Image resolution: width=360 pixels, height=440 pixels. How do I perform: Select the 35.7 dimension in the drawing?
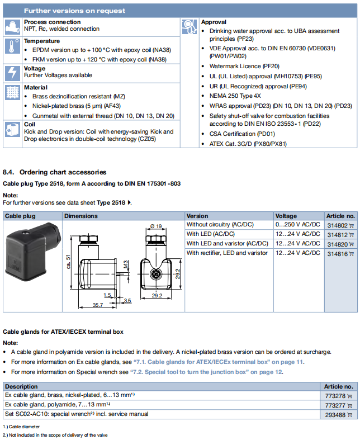click(x=97, y=305)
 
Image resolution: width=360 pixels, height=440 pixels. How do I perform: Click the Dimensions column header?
click(x=81, y=216)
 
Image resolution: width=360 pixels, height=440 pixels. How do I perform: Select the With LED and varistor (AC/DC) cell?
click(x=228, y=244)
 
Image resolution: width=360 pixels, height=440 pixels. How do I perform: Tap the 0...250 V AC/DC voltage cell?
click(x=298, y=225)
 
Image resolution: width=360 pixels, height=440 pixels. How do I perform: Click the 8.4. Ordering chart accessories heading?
click(x=54, y=172)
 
